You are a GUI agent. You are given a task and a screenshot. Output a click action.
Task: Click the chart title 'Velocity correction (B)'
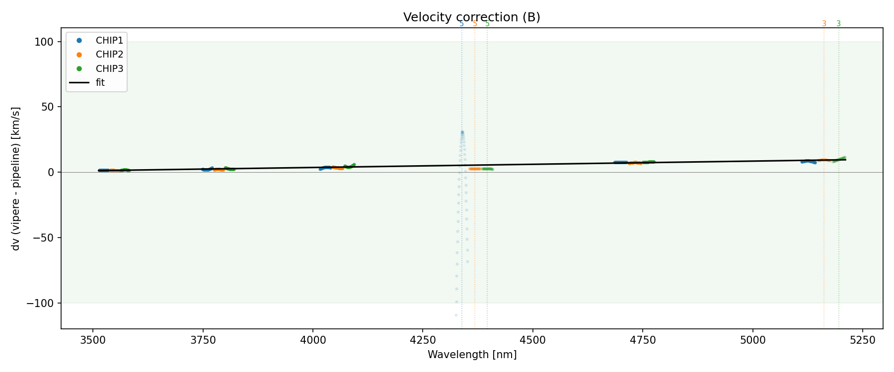pos(471,17)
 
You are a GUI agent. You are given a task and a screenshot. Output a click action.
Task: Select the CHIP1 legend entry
pos(109,41)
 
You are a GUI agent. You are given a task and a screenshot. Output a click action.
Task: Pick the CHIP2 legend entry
pos(109,55)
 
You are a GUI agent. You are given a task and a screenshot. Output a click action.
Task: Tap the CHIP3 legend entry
pos(109,68)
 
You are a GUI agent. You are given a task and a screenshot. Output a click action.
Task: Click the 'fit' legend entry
pos(100,83)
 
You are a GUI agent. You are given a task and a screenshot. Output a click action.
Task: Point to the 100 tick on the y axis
pos(44,42)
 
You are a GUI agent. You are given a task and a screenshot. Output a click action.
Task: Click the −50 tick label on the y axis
pos(42,238)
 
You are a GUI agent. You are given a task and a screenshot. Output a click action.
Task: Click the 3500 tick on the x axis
pos(93,340)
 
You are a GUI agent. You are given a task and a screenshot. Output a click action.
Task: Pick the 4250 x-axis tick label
pos(422,340)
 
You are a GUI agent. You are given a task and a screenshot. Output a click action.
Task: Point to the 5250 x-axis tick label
pos(862,340)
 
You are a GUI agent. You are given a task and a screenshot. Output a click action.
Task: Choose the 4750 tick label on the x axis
pos(643,340)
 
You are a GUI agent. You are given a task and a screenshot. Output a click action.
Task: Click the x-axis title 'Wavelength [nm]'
pos(472,355)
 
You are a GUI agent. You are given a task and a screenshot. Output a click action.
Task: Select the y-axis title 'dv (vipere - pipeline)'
pos(16,179)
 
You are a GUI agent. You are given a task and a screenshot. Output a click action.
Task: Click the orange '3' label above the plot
pos(824,24)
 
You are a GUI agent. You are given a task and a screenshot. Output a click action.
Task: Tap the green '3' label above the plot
pos(838,24)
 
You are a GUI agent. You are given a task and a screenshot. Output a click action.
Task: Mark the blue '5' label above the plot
pos(461,24)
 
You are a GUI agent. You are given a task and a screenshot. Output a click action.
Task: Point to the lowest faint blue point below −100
pos(456,315)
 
